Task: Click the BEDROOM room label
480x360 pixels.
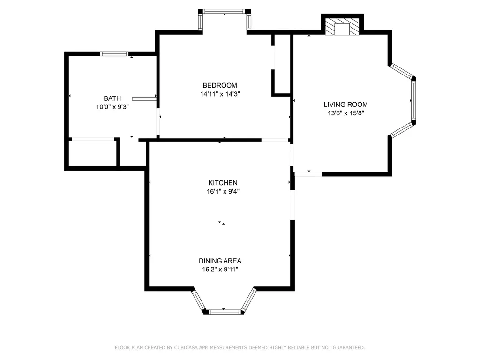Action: click(x=220, y=85)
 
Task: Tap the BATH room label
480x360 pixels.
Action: click(x=112, y=98)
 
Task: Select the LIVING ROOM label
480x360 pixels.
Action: click(x=345, y=105)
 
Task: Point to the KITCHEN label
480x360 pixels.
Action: click(x=223, y=183)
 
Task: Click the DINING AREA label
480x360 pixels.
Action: click(x=220, y=261)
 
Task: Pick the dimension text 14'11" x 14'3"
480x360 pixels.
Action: click(x=220, y=94)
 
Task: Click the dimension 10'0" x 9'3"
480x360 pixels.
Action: click(x=112, y=107)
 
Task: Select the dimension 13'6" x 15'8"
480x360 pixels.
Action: click(x=345, y=113)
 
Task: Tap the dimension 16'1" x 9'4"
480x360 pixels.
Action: click(x=223, y=191)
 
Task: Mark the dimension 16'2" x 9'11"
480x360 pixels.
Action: click(x=220, y=270)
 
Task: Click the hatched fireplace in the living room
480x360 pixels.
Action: click(x=342, y=26)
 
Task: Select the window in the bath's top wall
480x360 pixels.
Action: click(x=114, y=54)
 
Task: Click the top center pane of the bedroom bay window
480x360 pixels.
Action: click(x=225, y=12)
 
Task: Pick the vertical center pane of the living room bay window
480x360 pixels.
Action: click(x=413, y=100)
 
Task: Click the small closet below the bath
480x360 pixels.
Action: click(x=92, y=153)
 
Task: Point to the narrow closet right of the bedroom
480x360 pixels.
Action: click(x=282, y=64)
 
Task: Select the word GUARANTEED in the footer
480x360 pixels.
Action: click(x=349, y=347)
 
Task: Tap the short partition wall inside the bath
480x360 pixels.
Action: click(x=144, y=98)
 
